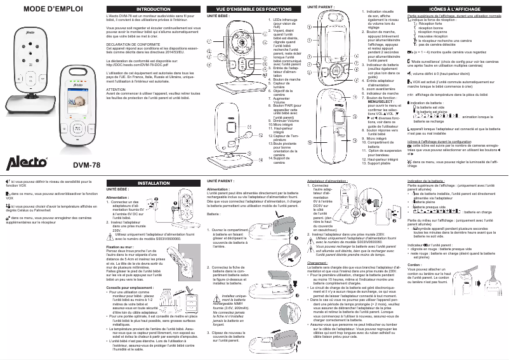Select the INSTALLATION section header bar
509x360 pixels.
click(153, 183)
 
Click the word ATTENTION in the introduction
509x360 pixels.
click(119, 90)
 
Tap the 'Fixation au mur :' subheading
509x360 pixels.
click(121, 245)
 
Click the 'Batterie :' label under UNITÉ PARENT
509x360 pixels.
click(215, 215)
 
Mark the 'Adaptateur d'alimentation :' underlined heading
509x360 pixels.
click(328, 181)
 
